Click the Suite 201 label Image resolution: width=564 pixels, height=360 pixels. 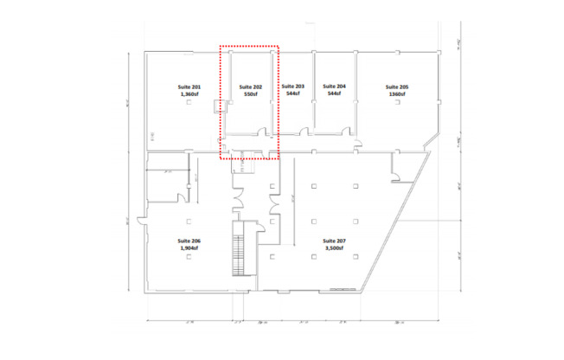point(189,87)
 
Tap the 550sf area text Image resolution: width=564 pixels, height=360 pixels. point(251,94)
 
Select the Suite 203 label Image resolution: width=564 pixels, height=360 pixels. point(293,87)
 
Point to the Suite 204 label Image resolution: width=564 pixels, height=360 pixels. point(334,87)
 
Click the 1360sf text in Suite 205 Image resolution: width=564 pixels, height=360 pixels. point(397,94)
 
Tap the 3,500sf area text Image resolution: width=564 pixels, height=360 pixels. point(334,248)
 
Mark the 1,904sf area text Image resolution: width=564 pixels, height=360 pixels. point(189,249)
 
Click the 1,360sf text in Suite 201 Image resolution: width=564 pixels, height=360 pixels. point(189,95)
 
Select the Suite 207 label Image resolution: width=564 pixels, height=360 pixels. point(334,241)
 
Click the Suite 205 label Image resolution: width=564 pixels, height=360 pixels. point(397,87)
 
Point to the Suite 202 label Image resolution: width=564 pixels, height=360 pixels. point(251,87)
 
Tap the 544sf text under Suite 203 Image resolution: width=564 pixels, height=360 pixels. point(293,94)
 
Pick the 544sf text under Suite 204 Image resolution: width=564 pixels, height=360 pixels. point(334,94)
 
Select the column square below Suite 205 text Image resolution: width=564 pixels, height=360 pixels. point(397,103)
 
